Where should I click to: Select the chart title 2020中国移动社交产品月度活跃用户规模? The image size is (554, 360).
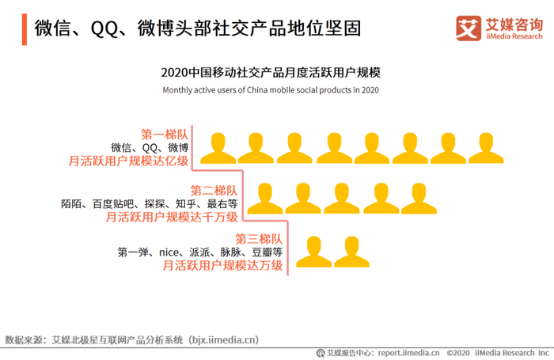pos(271,72)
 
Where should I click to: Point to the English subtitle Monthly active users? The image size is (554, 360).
pos(271,89)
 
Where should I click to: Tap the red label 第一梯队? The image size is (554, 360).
pos(165,134)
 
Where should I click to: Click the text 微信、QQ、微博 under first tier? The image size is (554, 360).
pos(150,147)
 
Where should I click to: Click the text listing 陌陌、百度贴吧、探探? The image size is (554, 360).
pos(149,203)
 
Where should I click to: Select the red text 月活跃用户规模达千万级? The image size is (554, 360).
pos(171,217)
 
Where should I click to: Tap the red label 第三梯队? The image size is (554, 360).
pos(259,238)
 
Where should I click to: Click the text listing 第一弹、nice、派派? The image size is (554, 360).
pos(200,252)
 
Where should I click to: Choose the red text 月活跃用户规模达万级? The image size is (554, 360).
pos(222,266)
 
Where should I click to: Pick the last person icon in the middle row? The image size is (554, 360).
pos(418,198)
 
